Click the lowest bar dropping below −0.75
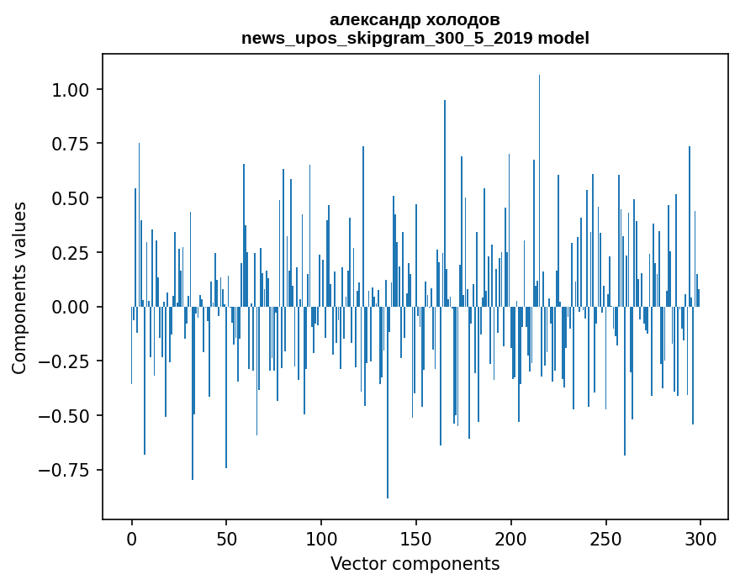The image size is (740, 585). click(x=388, y=420)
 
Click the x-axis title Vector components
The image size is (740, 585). click(x=415, y=563)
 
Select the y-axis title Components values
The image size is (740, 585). click(x=19, y=287)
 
